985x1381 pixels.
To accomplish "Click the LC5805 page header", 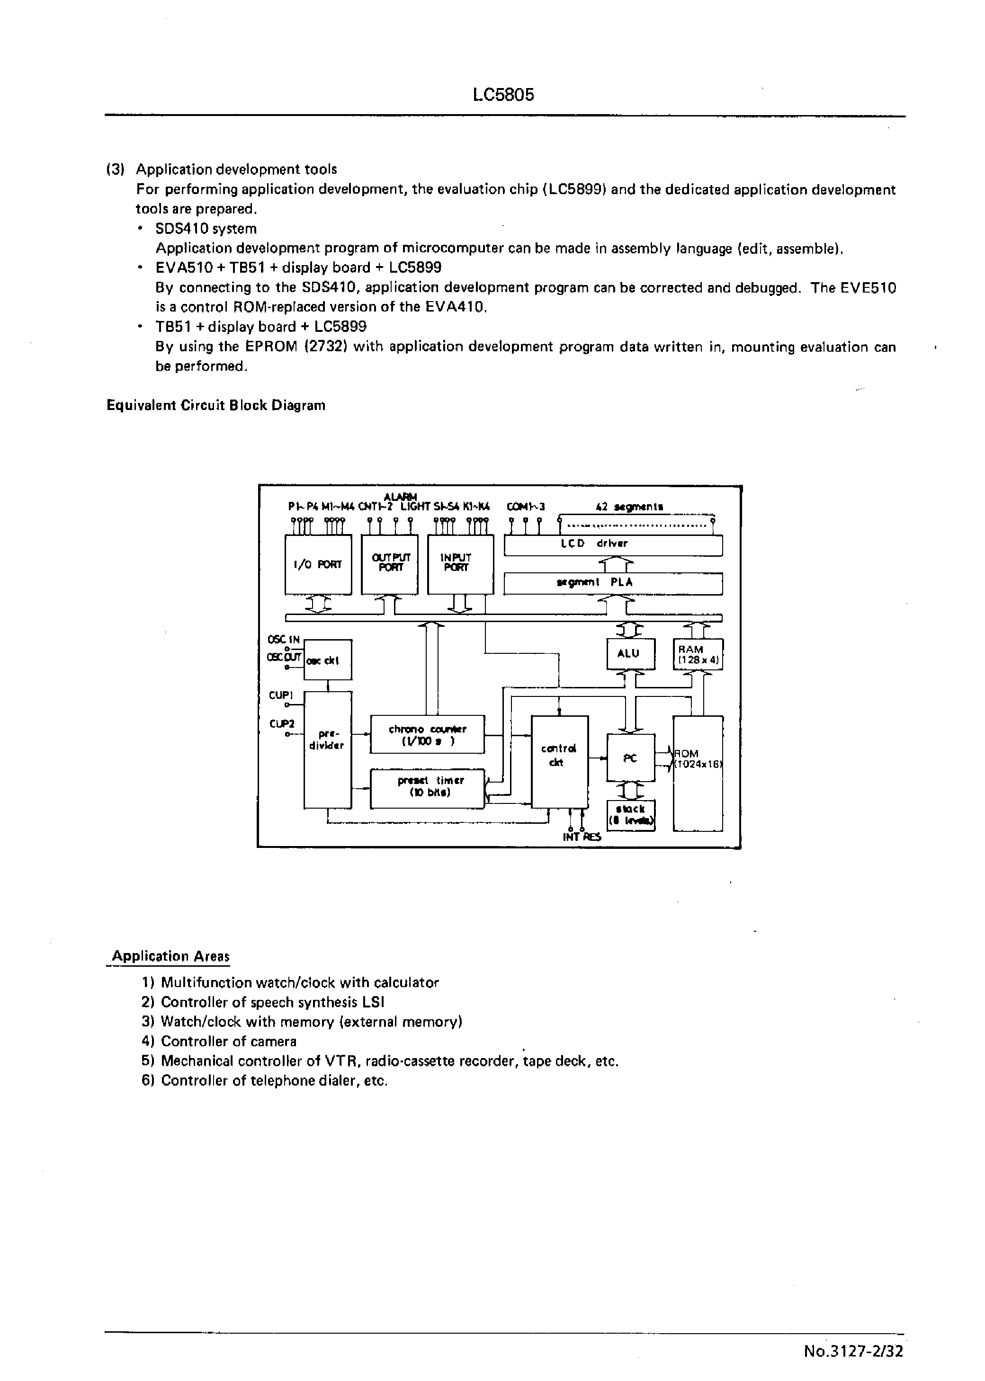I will tap(503, 95).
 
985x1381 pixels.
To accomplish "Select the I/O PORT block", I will tap(318, 564).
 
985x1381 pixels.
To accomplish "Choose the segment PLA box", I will tap(613, 583).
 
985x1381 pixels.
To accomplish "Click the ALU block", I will tap(631, 654).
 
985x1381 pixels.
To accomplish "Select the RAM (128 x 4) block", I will tap(698, 654).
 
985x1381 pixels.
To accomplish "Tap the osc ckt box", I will tap(328, 660).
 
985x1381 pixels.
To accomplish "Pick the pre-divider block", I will tap(328, 749).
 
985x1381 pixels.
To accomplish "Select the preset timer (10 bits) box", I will tap(427, 788).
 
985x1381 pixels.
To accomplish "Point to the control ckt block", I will tap(559, 761).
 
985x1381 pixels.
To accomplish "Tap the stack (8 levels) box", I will tap(631, 815).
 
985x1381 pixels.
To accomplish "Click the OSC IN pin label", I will tap(283, 639).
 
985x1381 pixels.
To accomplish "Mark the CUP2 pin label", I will tap(281, 724).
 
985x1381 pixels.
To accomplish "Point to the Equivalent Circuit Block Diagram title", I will tap(216, 406).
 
